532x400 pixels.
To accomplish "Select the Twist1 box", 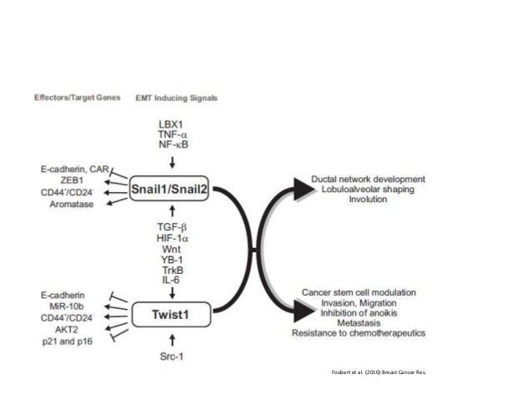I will (x=171, y=316).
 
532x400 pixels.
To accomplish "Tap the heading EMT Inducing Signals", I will (x=176, y=98).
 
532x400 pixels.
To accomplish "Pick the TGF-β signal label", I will (x=171, y=226).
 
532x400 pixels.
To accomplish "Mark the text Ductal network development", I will (x=368, y=180).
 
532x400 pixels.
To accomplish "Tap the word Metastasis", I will (x=360, y=322).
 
